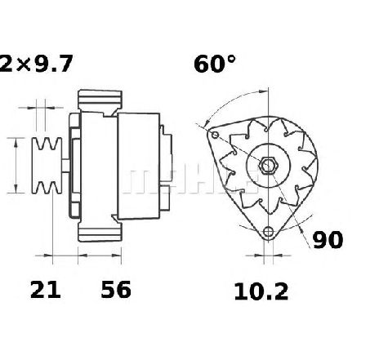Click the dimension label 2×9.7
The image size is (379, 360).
coord(36,64)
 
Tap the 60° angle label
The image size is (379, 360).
coord(215,64)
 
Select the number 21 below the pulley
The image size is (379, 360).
coord(46,290)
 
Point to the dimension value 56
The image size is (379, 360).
coord(116,290)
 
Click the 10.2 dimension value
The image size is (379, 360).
coord(261,291)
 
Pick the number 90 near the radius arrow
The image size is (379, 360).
coord(328,240)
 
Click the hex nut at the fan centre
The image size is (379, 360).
coord(268,165)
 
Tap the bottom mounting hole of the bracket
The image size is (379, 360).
coord(268,232)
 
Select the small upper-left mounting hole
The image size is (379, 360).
coord(215,135)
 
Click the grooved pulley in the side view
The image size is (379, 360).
coord(47,166)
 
